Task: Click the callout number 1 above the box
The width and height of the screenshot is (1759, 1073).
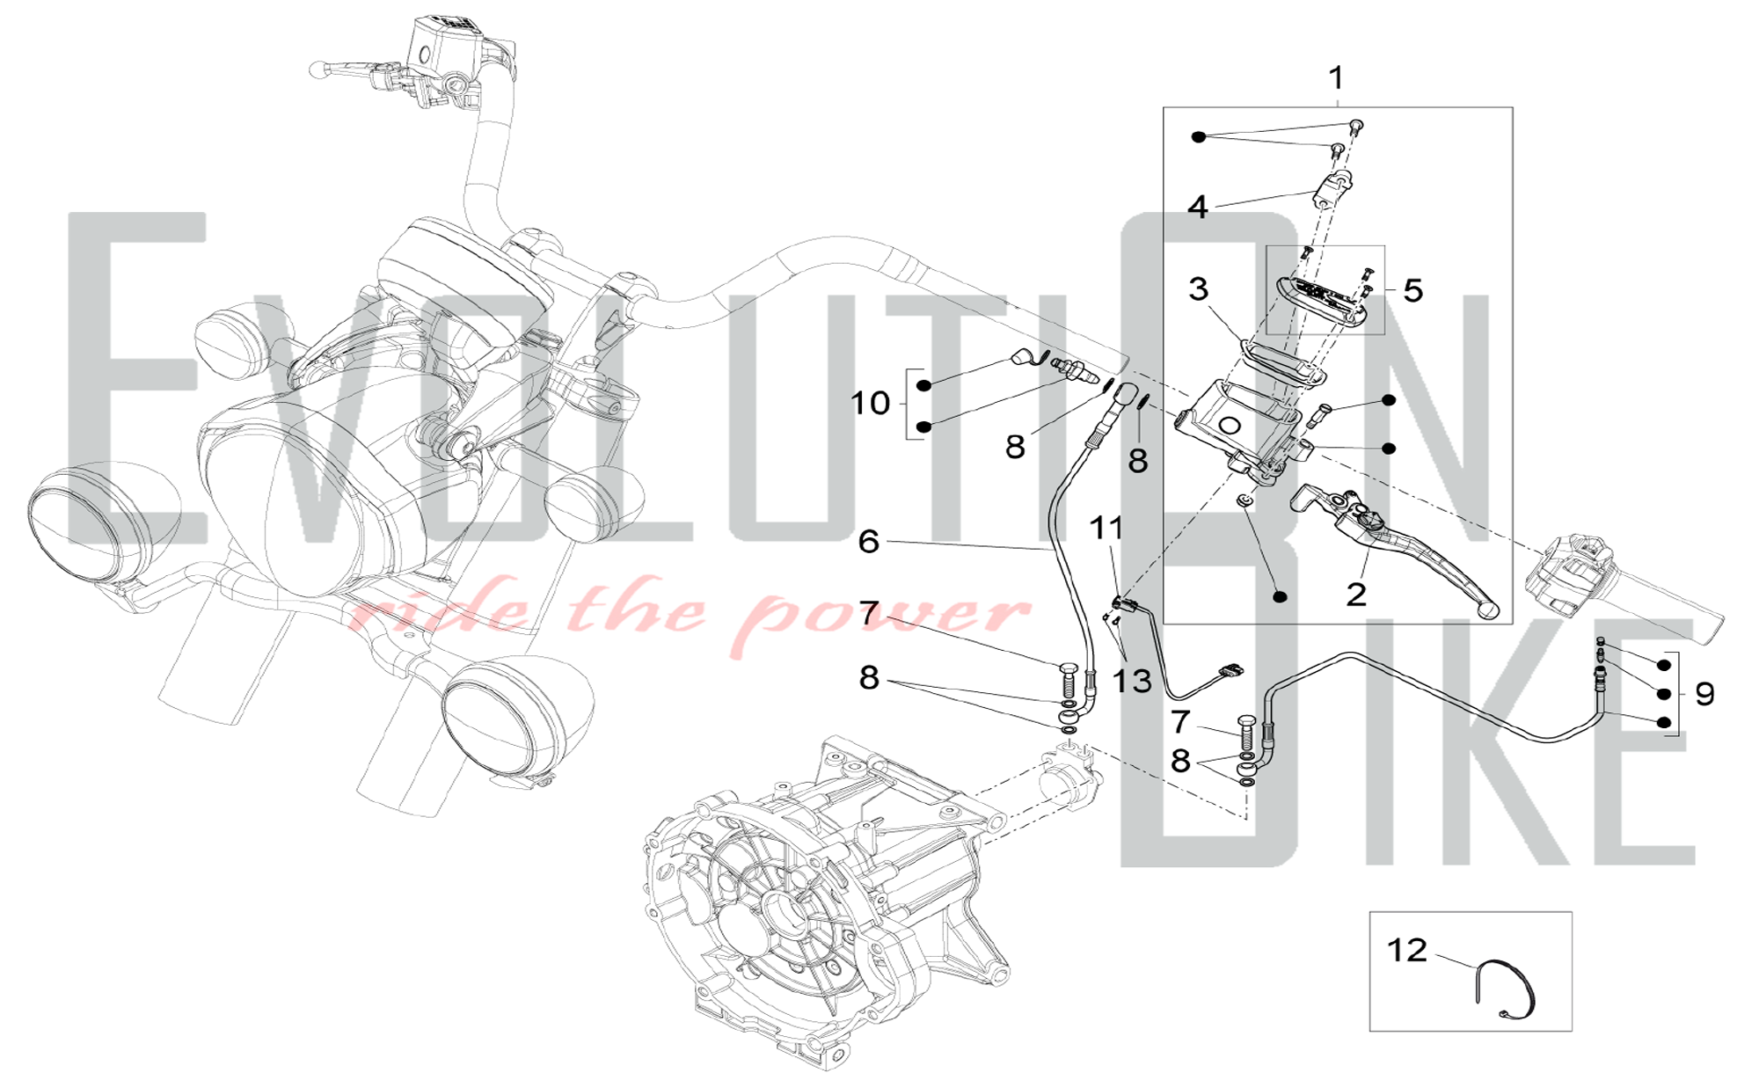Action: pos(1336,78)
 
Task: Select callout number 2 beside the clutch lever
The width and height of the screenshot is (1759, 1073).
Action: pos(1356,595)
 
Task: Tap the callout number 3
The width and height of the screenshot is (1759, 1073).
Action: pos(1199,288)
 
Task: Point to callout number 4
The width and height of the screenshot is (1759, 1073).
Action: pos(1198,207)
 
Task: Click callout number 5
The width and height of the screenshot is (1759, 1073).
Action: pos(1413,290)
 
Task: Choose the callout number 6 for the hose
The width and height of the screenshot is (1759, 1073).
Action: pos(869,541)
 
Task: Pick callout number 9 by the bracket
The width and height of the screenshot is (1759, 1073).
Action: pos(1704,694)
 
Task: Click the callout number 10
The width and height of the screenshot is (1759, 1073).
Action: pos(871,403)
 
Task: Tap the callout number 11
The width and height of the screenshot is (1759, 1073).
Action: pos(1106,528)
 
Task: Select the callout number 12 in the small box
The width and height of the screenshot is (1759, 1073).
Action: pos(1407,950)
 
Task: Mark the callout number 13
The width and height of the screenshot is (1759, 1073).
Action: pos(1132,680)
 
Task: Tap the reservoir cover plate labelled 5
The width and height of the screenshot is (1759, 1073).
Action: pos(1325,302)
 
